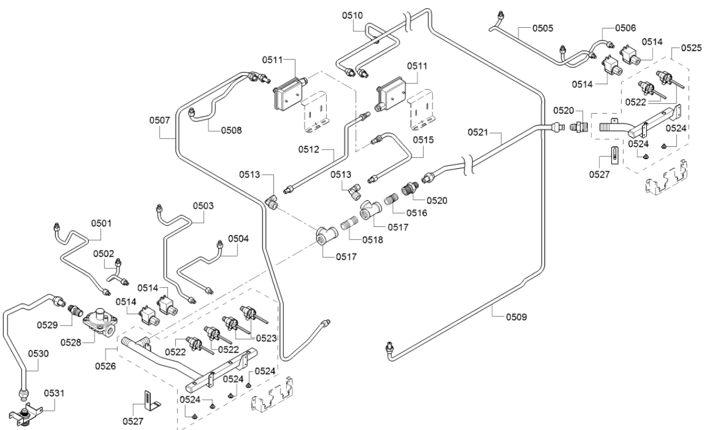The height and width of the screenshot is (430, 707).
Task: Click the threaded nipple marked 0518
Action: tap(350, 224)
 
